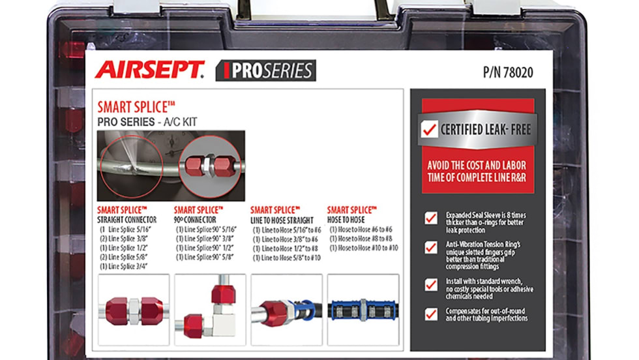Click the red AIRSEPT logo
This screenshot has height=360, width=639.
click(x=149, y=69)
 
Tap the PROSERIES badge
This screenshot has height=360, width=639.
click(x=266, y=70)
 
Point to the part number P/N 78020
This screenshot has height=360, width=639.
click(x=508, y=72)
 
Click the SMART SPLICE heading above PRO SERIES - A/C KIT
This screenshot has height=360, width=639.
click(x=136, y=107)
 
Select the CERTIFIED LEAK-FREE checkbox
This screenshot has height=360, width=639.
click(x=429, y=129)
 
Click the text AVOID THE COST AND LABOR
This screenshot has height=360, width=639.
click(x=477, y=165)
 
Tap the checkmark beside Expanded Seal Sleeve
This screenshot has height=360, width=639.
click(x=431, y=218)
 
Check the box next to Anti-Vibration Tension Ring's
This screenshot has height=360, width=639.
click(x=431, y=247)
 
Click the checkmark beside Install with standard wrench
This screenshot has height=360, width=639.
click(x=431, y=284)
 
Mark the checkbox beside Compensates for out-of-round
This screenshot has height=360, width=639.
click(x=431, y=314)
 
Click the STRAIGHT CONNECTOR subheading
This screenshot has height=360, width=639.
click(x=126, y=220)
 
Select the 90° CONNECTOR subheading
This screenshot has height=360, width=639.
click(x=195, y=220)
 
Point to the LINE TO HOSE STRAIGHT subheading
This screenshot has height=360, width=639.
click(x=282, y=220)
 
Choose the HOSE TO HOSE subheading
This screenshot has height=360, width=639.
click(x=346, y=220)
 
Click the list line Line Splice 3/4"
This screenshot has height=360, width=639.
click(x=124, y=266)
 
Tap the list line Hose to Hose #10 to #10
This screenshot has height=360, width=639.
click(x=364, y=248)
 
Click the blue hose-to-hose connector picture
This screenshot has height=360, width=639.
click(x=363, y=310)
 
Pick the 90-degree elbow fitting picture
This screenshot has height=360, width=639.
click(x=210, y=310)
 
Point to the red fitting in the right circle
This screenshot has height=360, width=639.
click(x=210, y=166)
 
